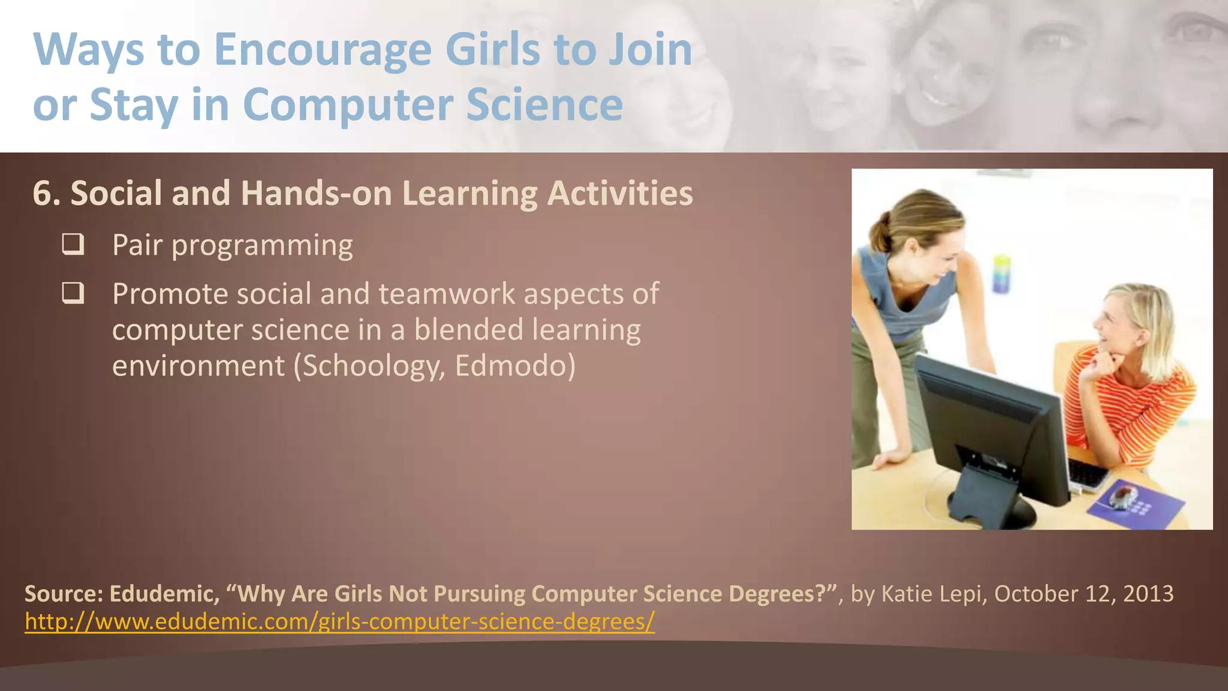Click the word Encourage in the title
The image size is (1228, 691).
click(x=323, y=50)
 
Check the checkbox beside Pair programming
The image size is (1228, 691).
click(x=73, y=245)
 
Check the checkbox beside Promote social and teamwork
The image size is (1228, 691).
click(x=73, y=293)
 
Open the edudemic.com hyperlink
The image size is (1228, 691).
click(x=339, y=621)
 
